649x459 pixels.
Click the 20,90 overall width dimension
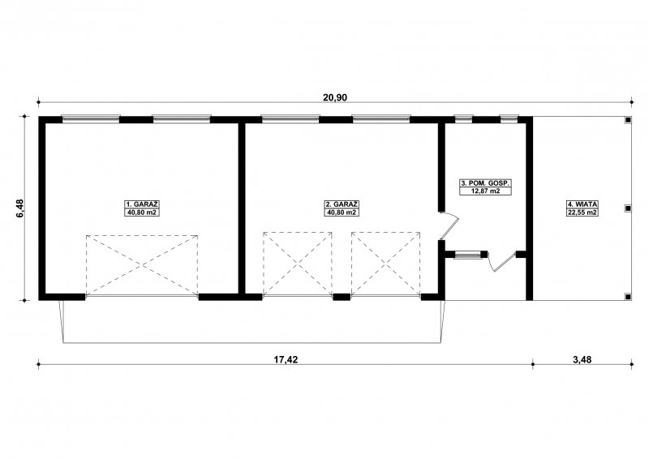(335, 97)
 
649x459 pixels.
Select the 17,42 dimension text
(286, 359)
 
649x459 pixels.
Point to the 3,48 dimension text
(582, 359)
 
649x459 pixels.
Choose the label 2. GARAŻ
(342, 204)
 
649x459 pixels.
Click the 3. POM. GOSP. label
(485, 183)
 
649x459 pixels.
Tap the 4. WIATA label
(582, 204)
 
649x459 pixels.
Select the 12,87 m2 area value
(485, 191)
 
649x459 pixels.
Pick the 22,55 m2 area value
(582, 212)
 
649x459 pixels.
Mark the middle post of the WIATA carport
(628, 208)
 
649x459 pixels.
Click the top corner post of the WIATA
(628, 120)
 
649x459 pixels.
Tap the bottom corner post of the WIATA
(628, 296)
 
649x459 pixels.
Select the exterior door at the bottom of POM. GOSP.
(502, 261)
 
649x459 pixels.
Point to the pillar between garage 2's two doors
(342, 296)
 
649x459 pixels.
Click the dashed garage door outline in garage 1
(141, 265)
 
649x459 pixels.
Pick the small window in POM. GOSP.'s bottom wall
(466, 255)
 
